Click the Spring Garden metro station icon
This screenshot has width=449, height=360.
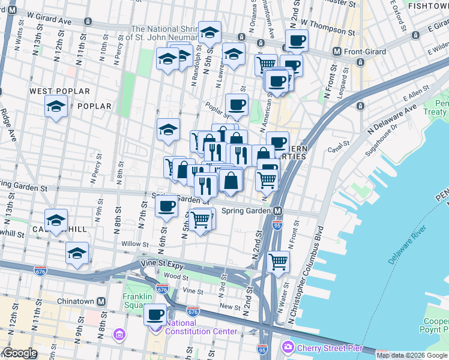278,211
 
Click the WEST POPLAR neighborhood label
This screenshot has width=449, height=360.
60,92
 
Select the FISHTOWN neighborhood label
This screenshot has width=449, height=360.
427,5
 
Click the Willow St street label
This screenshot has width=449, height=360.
134,244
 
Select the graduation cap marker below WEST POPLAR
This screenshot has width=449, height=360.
56,107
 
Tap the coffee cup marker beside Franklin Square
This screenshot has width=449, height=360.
155,313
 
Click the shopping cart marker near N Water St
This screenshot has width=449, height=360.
278,261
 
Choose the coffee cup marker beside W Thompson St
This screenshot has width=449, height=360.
296,41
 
